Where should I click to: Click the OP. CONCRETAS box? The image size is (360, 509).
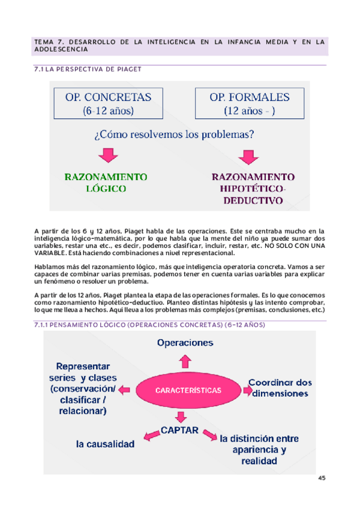pyautogui.click(x=109, y=103)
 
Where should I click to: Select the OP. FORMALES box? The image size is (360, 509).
pyautogui.click(x=249, y=103)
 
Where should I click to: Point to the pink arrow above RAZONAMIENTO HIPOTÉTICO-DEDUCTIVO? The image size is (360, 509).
pyautogui.click(x=247, y=156)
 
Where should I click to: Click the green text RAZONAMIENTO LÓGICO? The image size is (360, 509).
pyautogui.click(x=106, y=182)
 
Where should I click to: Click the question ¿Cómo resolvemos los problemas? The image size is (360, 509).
pyautogui.click(x=173, y=134)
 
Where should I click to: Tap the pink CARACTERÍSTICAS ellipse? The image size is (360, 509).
pyautogui.click(x=188, y=390)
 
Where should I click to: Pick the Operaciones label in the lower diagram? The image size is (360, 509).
pyautogui.click(x=185, y=343)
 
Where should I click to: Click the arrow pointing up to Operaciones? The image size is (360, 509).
pyautogui.click(x=185, y=360)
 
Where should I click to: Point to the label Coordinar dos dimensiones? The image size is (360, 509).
pyautogui.click(x=280, y=388)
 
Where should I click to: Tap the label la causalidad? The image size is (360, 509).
pyautogui.click(x=105, y=445)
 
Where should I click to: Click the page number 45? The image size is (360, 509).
pyautogui.click(x=322, y=478)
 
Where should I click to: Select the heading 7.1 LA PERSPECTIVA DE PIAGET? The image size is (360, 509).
pyautogui.click(x=89, y=69)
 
